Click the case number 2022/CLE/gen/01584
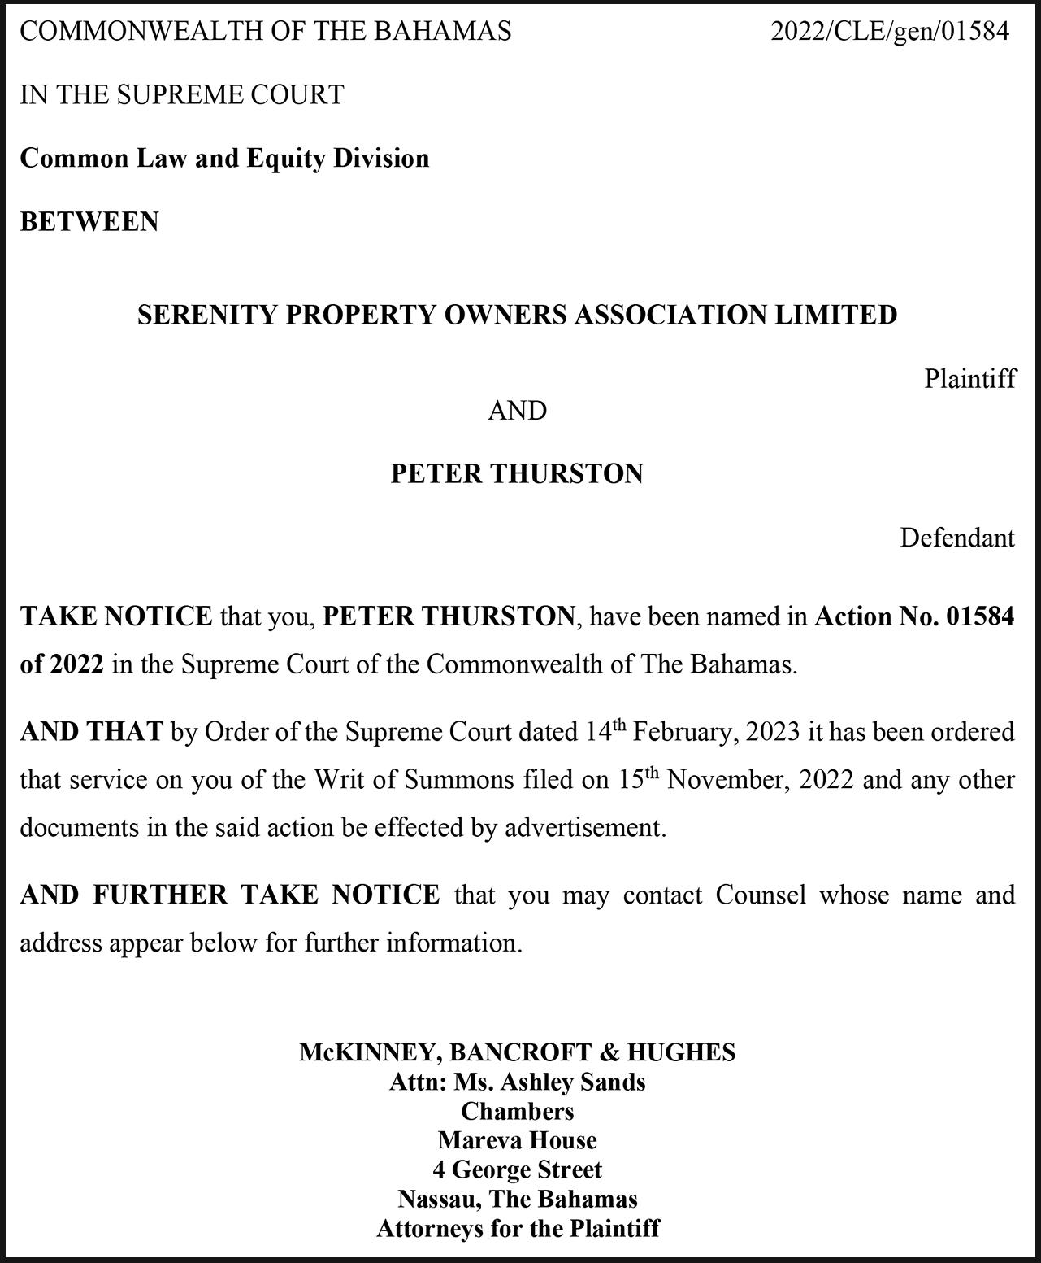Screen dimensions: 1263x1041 (889, 32)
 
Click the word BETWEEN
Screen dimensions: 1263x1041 (89, 222)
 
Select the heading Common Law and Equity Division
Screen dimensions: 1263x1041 (224, 158)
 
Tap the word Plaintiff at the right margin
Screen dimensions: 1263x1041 (969, 379)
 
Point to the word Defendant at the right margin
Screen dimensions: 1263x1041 (956, 538)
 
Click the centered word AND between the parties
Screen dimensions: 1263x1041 (517, 411)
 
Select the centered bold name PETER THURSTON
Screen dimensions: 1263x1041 (517, 474)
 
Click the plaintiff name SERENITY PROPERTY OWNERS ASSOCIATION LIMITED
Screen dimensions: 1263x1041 (517, 315)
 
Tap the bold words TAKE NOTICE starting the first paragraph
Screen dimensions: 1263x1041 (116, 616)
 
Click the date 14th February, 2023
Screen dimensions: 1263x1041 (692, 732)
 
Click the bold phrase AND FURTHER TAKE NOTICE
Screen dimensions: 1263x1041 (230, 895)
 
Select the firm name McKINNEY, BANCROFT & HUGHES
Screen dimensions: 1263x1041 (517, 1052)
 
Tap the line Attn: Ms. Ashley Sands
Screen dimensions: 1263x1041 (517, 1082)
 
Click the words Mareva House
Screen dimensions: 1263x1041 (517, 1141)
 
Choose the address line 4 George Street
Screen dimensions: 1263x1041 (517, 1170)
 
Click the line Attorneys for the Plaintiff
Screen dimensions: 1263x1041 (517, 1228)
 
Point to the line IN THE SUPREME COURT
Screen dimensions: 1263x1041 (182, 95)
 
